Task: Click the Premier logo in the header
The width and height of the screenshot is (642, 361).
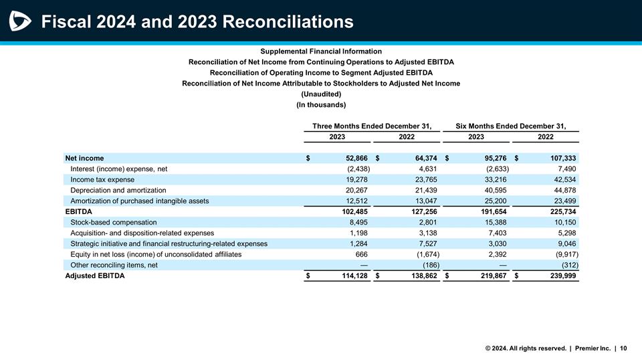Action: tap(21, 22)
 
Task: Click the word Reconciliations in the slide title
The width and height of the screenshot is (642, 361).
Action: tap(288, 22)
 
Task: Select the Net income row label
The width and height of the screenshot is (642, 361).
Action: tap(84, 158)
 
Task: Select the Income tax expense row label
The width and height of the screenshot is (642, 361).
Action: tap(102, 180)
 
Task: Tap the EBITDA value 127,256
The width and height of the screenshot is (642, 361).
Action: tap(423, 211)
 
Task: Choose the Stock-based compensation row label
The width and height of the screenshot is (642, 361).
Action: tap(113, 222)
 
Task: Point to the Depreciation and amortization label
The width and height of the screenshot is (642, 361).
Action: tap(118, 191)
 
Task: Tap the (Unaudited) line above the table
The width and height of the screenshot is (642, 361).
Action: tap(321, 94)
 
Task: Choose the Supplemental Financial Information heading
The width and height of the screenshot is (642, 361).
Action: tap(321, 51)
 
